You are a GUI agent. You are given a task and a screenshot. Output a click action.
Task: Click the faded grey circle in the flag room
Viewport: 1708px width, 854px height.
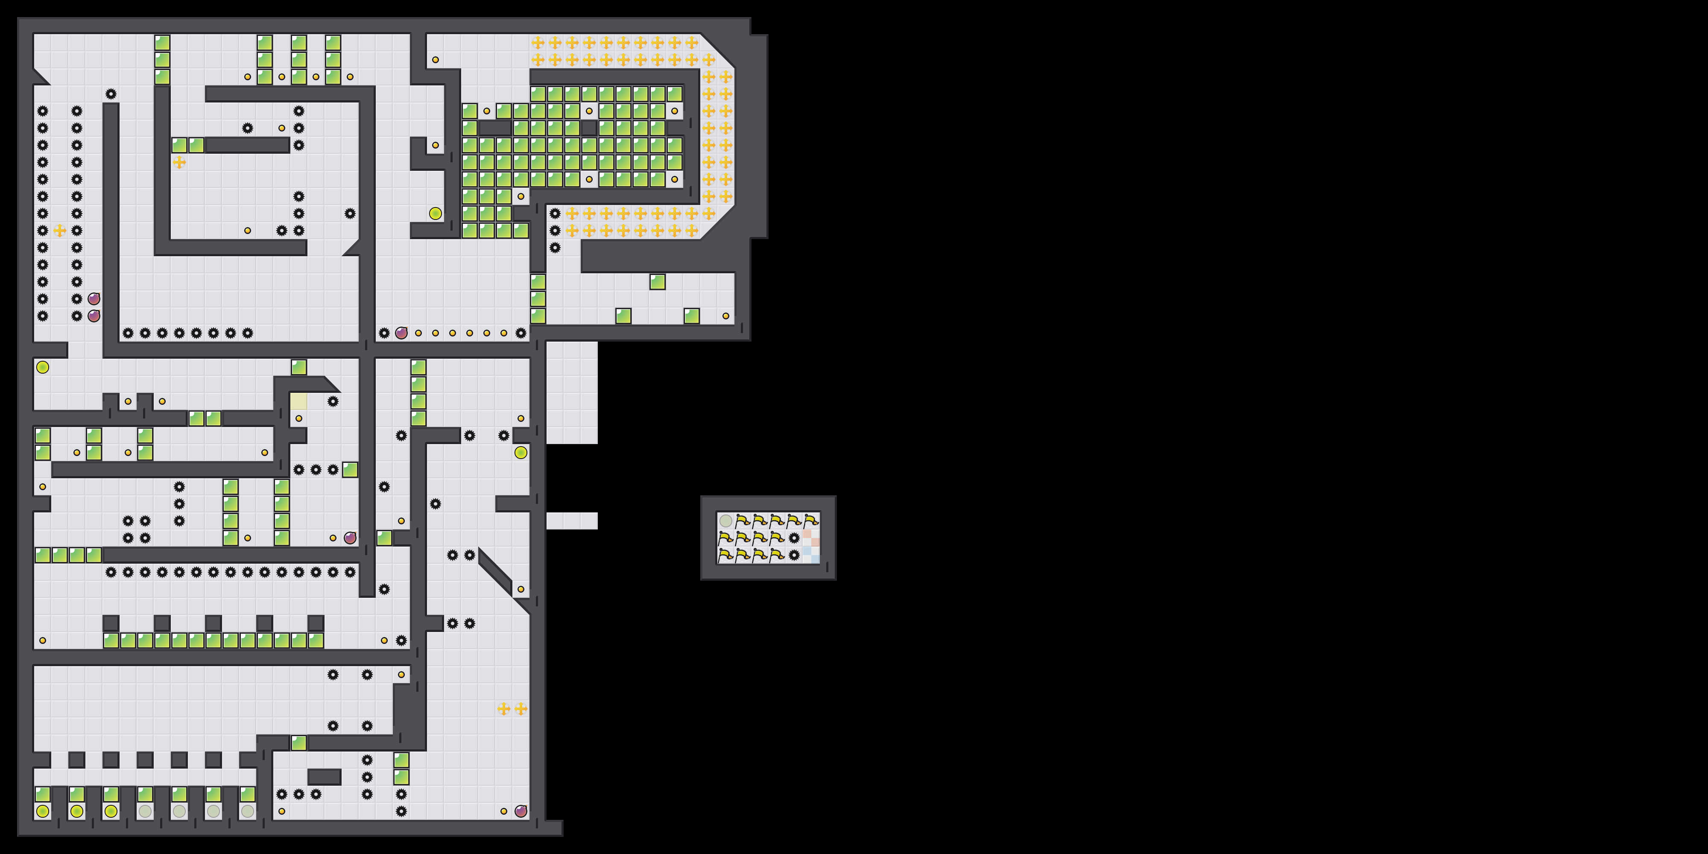726,521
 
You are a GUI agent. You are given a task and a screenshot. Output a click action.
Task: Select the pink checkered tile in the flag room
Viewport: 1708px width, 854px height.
811,538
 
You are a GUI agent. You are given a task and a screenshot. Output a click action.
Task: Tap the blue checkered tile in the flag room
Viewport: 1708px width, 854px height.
811,554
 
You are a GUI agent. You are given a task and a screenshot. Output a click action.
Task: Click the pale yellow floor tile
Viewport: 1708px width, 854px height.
299,401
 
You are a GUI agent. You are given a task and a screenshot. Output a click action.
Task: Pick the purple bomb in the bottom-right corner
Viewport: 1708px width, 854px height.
521,811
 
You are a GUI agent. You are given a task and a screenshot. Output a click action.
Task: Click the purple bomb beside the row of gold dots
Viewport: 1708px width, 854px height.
401,333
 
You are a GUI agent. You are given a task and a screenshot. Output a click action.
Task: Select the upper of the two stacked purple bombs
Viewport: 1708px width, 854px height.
94,299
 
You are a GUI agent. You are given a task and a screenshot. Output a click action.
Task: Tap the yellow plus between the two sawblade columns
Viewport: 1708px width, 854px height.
60,231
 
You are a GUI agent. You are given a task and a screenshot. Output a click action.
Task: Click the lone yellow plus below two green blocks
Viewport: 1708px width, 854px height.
179,162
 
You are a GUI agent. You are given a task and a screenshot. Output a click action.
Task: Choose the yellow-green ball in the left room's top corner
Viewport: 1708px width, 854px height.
42,367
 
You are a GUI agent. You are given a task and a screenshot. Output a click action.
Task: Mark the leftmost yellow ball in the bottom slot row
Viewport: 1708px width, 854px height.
42,811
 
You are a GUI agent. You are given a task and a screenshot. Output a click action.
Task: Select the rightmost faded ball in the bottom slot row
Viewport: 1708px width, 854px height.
247,811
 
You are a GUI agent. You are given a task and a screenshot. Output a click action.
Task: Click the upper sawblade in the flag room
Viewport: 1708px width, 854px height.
794,538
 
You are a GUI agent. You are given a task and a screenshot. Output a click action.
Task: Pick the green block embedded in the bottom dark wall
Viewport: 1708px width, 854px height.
299,743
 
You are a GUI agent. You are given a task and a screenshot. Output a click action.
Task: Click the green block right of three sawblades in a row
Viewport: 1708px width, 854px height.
350,469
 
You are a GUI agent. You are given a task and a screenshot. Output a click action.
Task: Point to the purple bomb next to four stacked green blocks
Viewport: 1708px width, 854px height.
350,538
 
